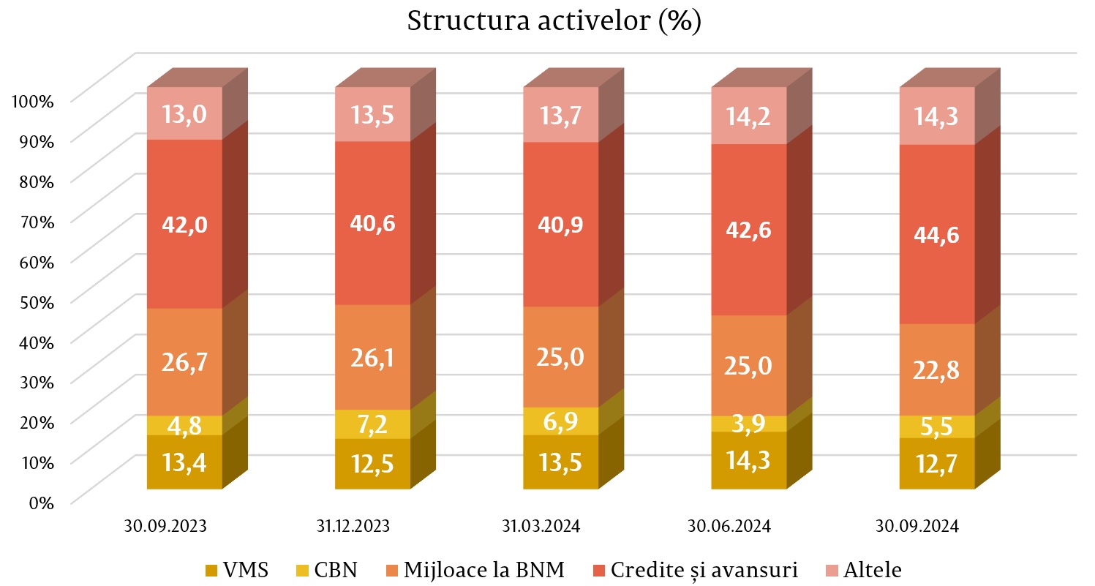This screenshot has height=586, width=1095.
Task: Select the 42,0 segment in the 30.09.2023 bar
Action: [184, 224]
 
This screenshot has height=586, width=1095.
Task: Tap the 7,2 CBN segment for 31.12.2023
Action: [372, 424]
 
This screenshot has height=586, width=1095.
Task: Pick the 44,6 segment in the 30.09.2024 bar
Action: [937, 234]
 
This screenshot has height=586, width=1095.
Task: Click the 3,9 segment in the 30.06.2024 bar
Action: [749, 424]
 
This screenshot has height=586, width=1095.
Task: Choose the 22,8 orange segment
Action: [937, 369]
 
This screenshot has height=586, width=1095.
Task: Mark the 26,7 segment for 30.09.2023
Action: [184, 362]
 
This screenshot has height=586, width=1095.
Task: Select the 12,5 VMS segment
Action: [372, 464]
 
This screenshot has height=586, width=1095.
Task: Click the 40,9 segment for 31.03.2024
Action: [560, 224]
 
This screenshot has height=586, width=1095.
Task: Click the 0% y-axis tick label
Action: [42, 502]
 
